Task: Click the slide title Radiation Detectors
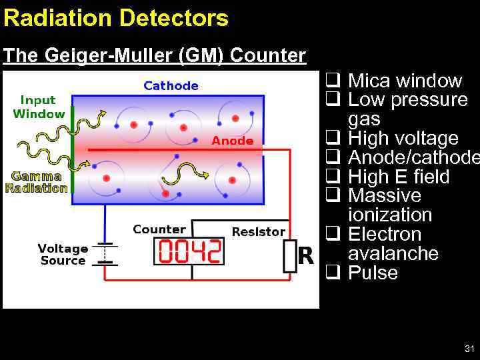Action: (115, 18)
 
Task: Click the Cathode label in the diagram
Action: (171, 85)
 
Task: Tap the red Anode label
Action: (232, 141)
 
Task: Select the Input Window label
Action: (38, 107)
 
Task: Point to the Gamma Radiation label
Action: (37, 182)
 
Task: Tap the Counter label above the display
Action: (159, 229)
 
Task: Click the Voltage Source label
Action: (63, 255)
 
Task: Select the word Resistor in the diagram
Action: (258, 232)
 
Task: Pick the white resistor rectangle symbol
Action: (289, 256)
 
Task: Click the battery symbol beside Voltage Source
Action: (104, 255)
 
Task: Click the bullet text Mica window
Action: (405, 81)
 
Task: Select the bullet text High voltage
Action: (403, 139)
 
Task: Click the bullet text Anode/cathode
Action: (413, 158)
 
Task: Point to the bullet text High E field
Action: (399, 177)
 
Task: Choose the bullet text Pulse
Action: (373, 273)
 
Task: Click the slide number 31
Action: (469, 349)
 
